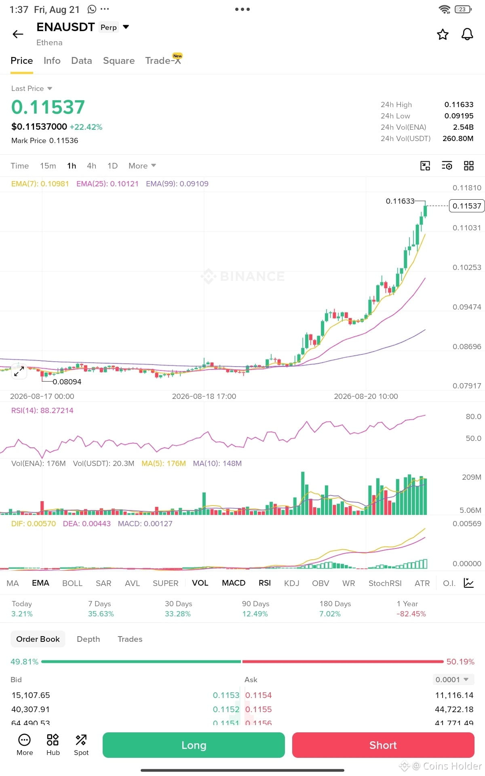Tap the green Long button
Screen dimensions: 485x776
click(x=194, y=745)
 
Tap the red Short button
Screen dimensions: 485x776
click(x=383, y=745)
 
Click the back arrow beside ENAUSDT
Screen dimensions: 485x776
click(x=18, y=34)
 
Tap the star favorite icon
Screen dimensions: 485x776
click(x=443, y=34)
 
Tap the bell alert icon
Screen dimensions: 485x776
click(x=467, y=34)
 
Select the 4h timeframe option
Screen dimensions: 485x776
click(x=91, y=166)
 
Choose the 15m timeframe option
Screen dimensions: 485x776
click(x=48, y=166)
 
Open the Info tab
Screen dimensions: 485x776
click(x=52, y=61)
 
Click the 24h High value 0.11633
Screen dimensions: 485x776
click(x=459, y=105)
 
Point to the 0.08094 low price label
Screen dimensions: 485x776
click(x=67, y=382)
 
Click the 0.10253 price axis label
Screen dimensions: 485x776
click(x=467, y=267)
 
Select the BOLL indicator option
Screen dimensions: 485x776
click(x=72, y=583)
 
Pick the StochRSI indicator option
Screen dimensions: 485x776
click(x=385, y=583)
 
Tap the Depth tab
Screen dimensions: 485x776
click(x=88, y=639)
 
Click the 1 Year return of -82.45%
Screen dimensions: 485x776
click(x=411, y=614)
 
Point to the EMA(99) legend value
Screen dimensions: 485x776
click(x=177, y=184)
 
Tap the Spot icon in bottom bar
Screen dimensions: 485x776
click(x=81, y=744)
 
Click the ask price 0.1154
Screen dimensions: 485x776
click(x=259, y=695)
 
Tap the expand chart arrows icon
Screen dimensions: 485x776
click(x=19, y=371)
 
